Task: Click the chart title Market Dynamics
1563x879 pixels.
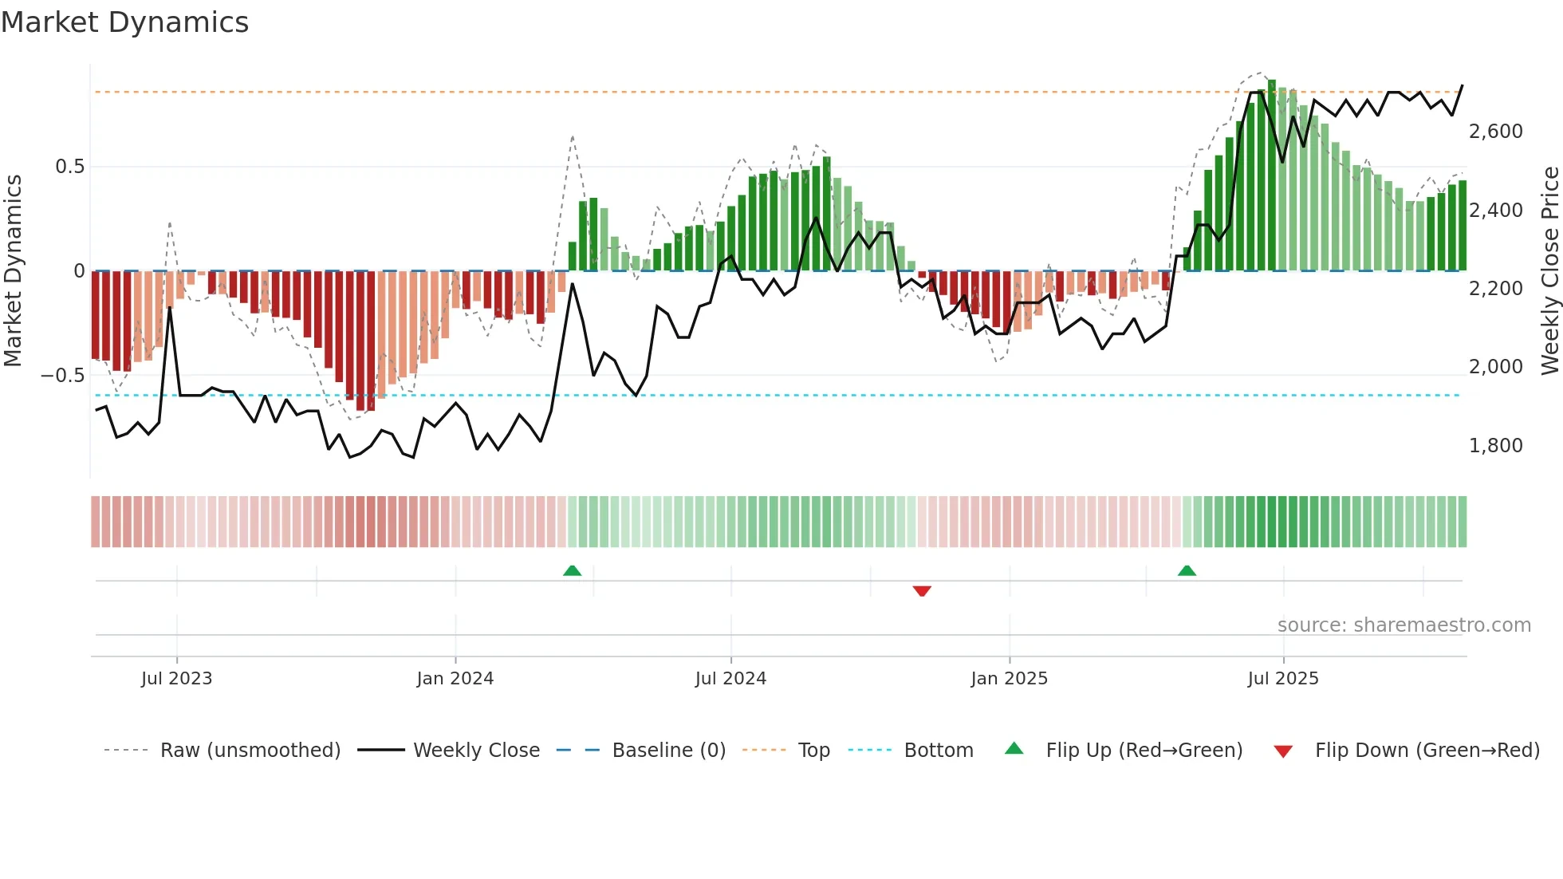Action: (124, 22)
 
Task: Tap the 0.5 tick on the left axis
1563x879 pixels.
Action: (69, 167)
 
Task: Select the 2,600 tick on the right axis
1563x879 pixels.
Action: (1495, 132)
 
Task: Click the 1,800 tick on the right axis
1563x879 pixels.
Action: (1495, 446)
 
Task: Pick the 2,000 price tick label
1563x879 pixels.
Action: (1495, 367)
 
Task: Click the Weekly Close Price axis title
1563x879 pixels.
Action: (1549, 270)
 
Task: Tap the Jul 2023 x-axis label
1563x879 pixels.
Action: (176, 679)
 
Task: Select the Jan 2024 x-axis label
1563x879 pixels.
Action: (455, 679)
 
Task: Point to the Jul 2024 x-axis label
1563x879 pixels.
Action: (730, 679)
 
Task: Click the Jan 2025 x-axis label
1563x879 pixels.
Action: (1009, 679)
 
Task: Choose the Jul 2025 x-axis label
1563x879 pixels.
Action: (1283, 679)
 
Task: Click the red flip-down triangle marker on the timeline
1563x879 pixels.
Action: (922, 591)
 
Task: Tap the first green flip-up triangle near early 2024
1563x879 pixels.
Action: (572, 570)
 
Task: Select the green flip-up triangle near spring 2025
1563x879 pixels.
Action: (1187, 570)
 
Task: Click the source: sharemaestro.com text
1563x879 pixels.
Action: (1404, 625)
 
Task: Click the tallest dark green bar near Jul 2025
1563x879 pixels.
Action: (1272, 175)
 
